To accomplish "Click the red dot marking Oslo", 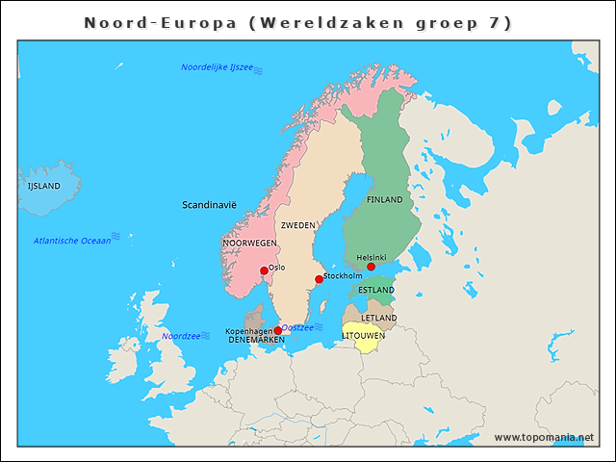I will click(x=264, y=270).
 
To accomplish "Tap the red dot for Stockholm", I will click(x=319, y=279).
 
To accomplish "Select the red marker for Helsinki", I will click(x=371, y=267).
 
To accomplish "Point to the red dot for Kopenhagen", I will click(x=278, y=330).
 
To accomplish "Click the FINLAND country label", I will click(x=384, y=199).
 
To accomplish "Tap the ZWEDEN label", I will click(x=297, y=225).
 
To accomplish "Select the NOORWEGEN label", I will click(x=249, y=244).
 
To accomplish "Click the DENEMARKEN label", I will click(x=256, y=340).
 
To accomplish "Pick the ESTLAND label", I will click(x=375, y=290).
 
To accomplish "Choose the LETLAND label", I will click(x=378, y=318).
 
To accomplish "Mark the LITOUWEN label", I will click(x=364, y=336).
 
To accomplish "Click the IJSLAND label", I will click(x=43, y=186).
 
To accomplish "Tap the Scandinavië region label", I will click(x=209, y=205).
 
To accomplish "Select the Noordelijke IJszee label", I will click(x=217, y=67).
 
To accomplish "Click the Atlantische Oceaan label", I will click(x=71, y=241).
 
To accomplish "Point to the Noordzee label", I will click(x=180, y=336).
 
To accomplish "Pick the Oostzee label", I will click(x=296, y=327).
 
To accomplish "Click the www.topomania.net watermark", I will click(x=544, y=437).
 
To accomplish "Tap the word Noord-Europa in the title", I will click(x=159, y=22).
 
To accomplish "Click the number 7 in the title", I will click(x=493, y=22).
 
